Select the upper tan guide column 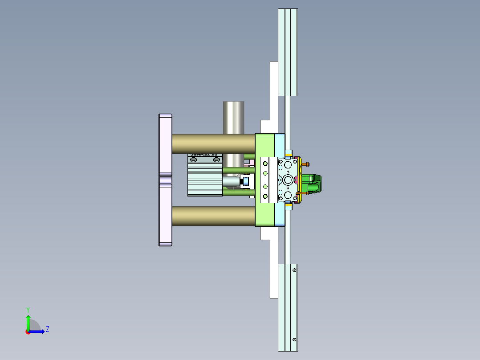coord(213,143)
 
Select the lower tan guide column coord(213,216)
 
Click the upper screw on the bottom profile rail coord(294,270)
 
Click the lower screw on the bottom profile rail coord(294,340)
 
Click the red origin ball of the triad coord(28,331)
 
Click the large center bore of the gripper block coord(289,180)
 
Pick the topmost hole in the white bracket coord(265,162)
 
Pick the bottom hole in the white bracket coord(265,196)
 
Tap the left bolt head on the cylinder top coord(194,160)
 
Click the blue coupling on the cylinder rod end coord(245,181)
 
